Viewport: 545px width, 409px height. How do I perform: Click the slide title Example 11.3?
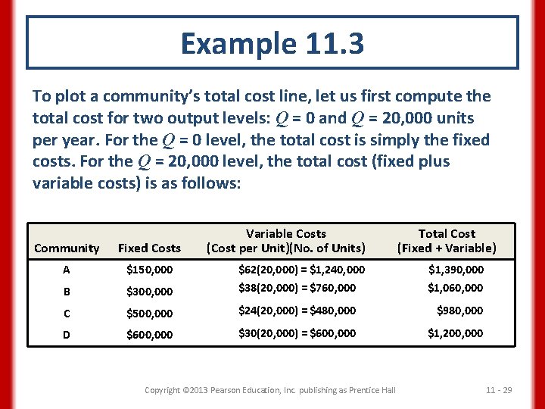click(272, 44)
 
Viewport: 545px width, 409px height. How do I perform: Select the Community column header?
click(67, 248)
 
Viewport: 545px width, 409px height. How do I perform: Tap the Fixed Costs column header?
click(149, 248)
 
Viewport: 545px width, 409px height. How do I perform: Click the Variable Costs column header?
click(286, 241)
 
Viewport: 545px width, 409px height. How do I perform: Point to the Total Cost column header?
click(447, 241)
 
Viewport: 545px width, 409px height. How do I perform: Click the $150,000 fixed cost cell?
click(149, 270)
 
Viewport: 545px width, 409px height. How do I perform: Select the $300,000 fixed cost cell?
click(149, 292)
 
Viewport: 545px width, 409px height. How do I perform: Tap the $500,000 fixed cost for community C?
click(149, 314)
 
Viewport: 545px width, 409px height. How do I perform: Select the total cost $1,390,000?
click(455, 270)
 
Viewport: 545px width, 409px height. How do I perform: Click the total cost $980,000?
click(459, 311)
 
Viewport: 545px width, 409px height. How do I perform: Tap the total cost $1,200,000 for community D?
click(455, 333)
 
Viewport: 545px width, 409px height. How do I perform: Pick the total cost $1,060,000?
click(455, 288)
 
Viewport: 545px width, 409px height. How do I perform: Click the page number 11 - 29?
click(499, 390)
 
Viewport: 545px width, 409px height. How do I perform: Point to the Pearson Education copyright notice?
click(269, 390)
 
